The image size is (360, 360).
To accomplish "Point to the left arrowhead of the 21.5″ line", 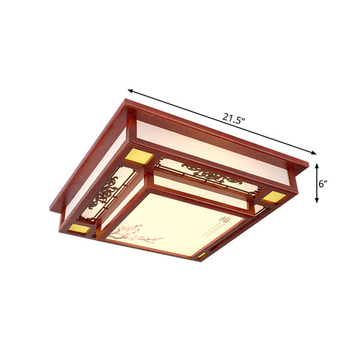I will [x=131, y=90].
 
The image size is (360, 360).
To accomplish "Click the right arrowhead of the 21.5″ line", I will [x=313, y=152].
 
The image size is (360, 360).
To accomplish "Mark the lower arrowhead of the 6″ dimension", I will [x=317, y=201].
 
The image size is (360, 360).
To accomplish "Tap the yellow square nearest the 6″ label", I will [x=273, y=197].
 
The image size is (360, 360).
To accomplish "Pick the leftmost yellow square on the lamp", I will [x=80, y=228].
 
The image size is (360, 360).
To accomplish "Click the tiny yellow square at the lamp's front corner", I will [x=201, y=255].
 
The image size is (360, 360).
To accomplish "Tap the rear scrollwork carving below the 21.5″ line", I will [x=210, y=175].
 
